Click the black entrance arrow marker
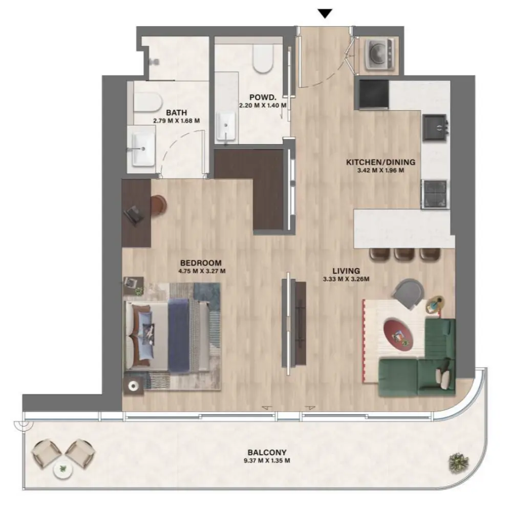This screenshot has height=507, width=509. pos(324,13)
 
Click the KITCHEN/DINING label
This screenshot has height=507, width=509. pos(380,162)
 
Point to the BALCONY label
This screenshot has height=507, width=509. pos(266,452)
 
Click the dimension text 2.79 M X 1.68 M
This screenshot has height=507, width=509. pos(176,121)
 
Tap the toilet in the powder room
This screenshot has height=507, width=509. pos(264,60)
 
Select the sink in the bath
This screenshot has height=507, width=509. pos(143,149)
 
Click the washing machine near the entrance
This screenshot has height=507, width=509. pos(379,53)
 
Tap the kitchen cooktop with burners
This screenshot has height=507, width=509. pos(435,193)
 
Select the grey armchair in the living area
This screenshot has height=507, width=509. pos(410,293)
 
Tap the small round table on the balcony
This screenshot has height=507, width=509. pos(62,469)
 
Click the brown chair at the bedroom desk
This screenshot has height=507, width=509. pos(159,205)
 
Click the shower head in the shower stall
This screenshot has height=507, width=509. pos(153,60)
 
